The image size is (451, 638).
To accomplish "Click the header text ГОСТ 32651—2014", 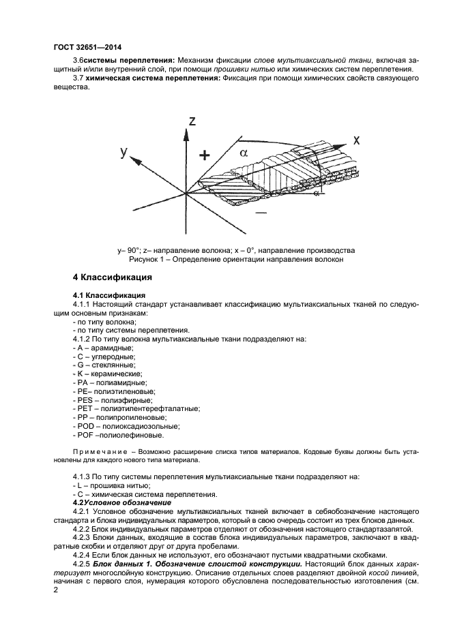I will pyautogui.click(x=83, y=48).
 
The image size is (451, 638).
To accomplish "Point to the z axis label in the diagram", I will pyautogui.click(x=193, y=121).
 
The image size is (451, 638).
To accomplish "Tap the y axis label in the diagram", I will pyautogui.click(x=123, y=153).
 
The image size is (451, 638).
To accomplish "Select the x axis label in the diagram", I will pyautogui.click(x=356, y=140).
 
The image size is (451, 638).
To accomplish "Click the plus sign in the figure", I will pyautogui.click(x=203, y=155).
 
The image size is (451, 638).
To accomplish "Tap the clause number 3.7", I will pyautogui.click(x=77, y=79).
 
